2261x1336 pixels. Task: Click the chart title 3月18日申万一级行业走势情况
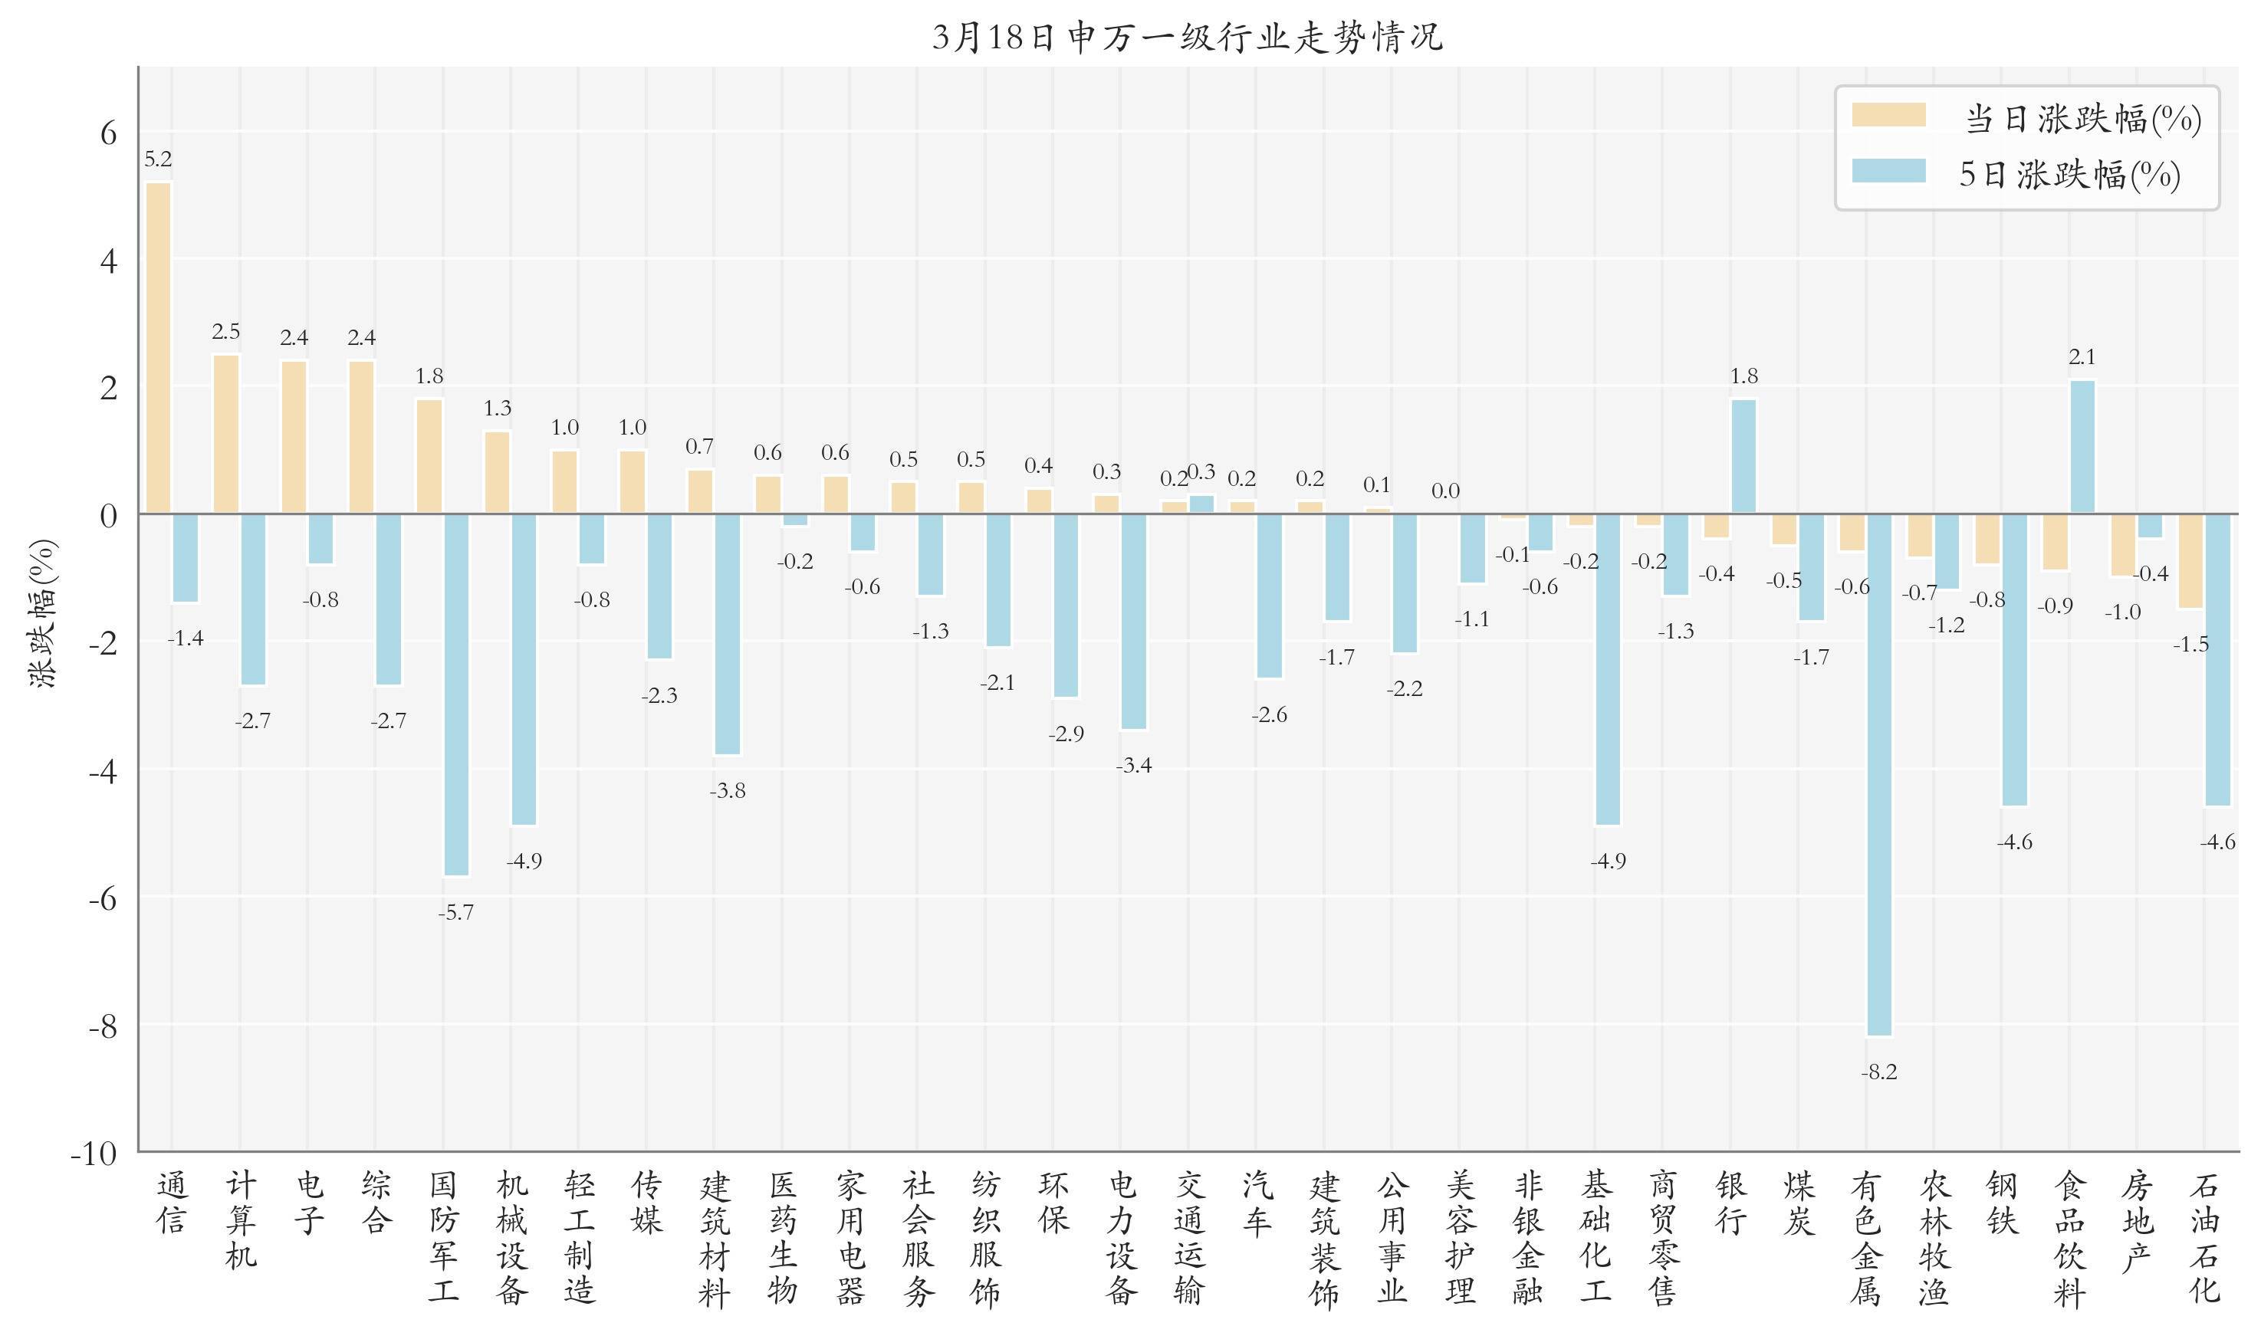tap(1187, 38)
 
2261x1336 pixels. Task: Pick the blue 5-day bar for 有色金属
tap(1879, 774)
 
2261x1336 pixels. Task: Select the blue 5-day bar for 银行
tap(1744, 456)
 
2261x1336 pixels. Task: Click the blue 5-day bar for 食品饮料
tap(2082, 447)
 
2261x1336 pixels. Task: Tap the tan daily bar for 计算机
tap(226, 434)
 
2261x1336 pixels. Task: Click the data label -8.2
tap(1879, 1072)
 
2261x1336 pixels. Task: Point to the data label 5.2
tap(158, 159)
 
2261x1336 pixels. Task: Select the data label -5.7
tap(455, 913)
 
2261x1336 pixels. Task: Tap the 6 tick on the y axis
tap(108, 133)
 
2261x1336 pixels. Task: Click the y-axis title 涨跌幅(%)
tap(43, 614)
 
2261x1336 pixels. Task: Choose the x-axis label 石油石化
tap(2204, 1238)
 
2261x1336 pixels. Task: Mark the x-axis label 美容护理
tap(1460, 1238)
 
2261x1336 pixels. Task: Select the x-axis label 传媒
tap(646, 1203)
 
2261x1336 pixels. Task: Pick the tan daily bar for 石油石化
tap(2190, 561)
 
